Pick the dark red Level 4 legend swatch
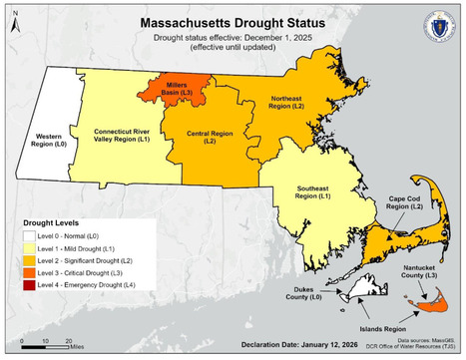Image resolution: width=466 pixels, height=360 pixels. tap(21, 313)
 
